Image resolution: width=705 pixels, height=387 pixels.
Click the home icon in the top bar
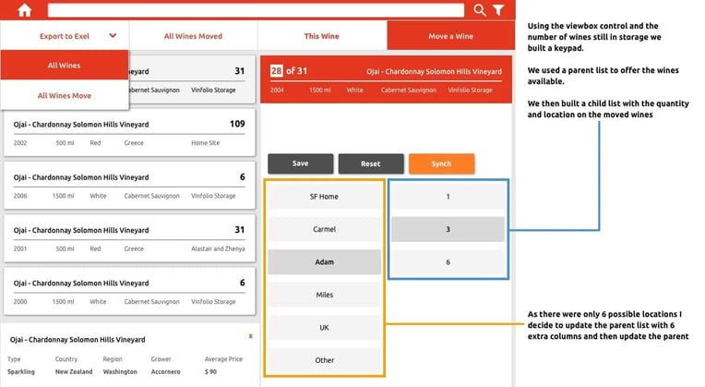24,10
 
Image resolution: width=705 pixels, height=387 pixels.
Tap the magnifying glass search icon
480,10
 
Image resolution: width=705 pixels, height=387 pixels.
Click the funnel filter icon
498,10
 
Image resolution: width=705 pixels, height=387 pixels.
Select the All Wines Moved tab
194,36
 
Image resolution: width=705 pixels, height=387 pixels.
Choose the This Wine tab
321,36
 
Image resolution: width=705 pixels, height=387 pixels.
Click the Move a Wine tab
451,36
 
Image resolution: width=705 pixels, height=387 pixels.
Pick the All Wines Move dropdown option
65,95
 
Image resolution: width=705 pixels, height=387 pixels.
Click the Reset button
371,163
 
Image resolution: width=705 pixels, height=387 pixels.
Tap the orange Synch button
441,163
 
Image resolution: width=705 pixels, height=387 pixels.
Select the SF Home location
324,196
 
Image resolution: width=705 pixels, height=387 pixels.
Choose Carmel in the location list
324,229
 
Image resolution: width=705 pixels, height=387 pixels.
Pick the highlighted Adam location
324,262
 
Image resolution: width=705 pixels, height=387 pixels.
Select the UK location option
324,328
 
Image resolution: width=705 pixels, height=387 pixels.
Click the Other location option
324,360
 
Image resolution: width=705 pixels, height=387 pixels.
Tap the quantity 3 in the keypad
448,229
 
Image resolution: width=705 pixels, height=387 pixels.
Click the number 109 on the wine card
237,124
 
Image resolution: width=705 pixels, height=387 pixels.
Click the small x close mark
250,336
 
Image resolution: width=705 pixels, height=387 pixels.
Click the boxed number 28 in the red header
276,70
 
